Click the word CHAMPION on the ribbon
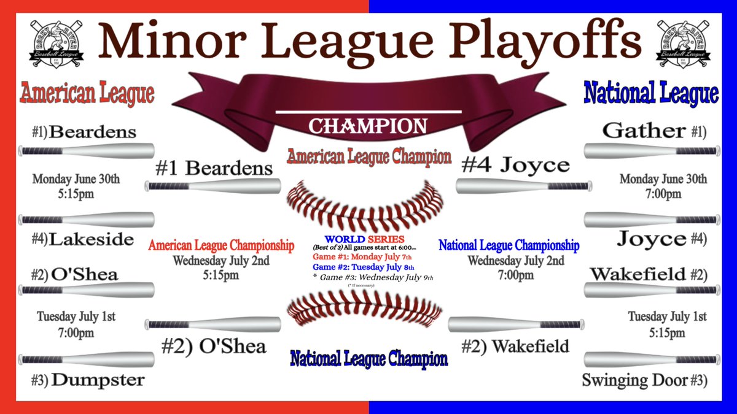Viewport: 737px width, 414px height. tap(367, 126)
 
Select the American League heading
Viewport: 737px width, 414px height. tap(87, 94)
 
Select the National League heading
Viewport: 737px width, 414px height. tap(650, 94)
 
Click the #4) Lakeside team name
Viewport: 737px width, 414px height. tap(83, 239)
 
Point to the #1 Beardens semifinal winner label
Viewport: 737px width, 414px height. tap(214, 167)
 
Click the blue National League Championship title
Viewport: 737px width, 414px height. tap(509, 246)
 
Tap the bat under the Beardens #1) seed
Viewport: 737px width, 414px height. tap(87, 150)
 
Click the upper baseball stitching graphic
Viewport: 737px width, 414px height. tap(366, 202)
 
